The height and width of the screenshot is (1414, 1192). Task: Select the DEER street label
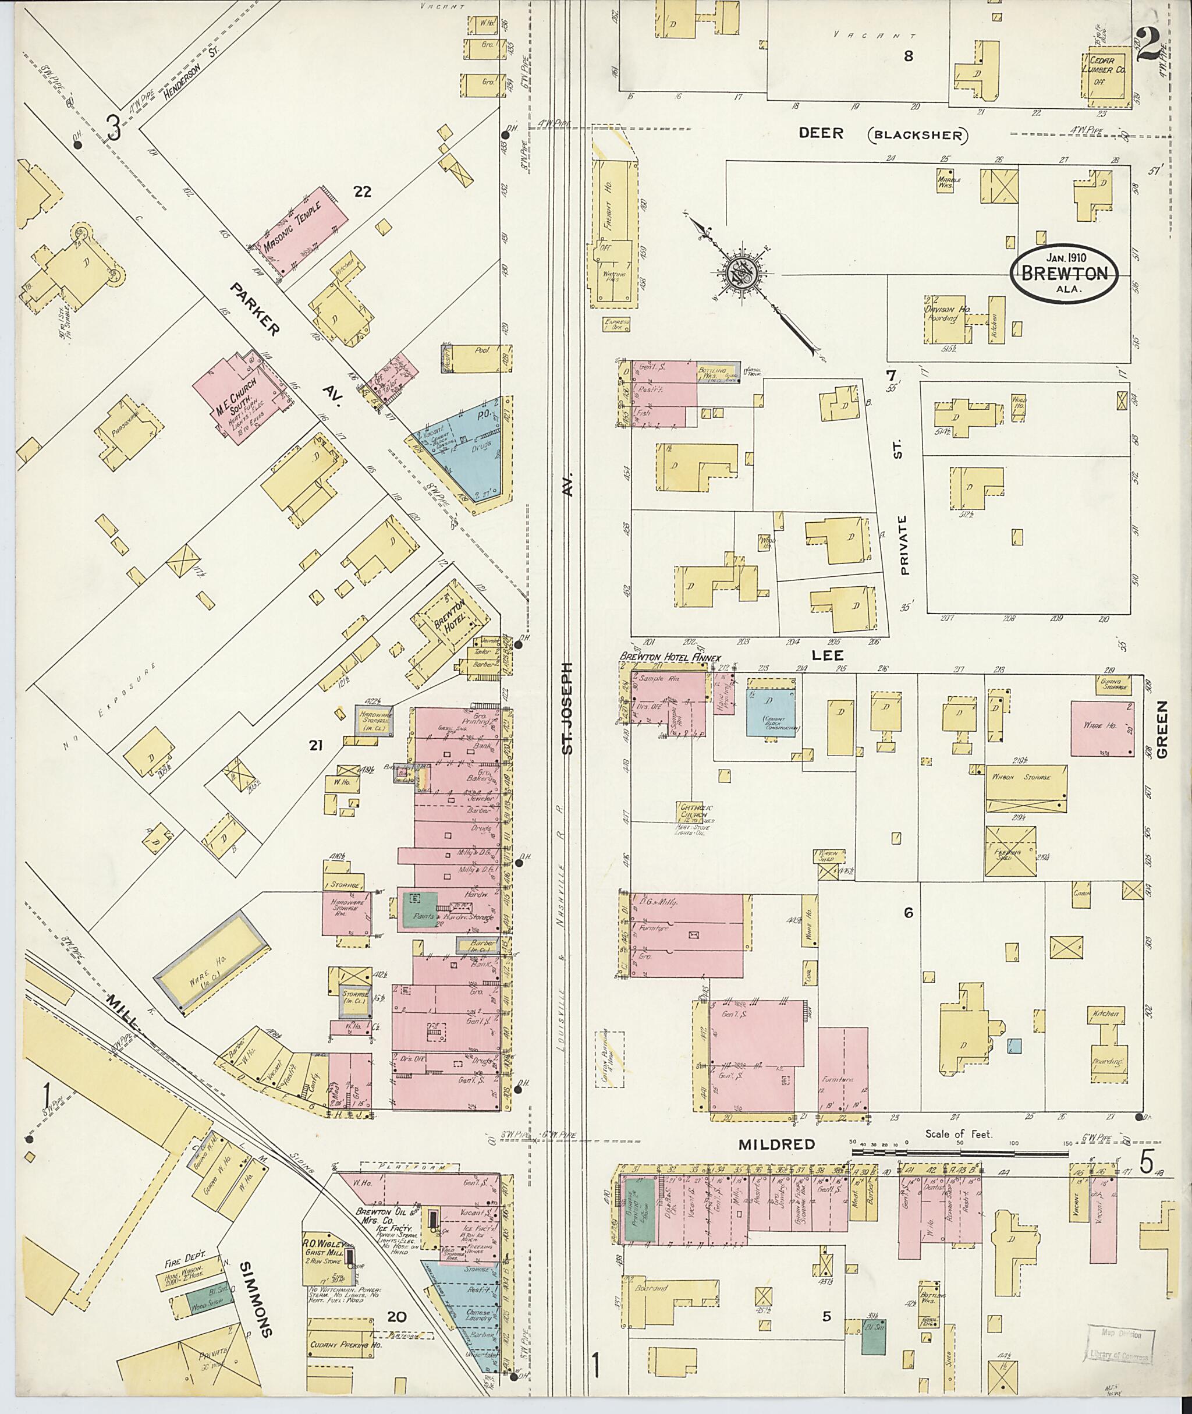tap(821, 133)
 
